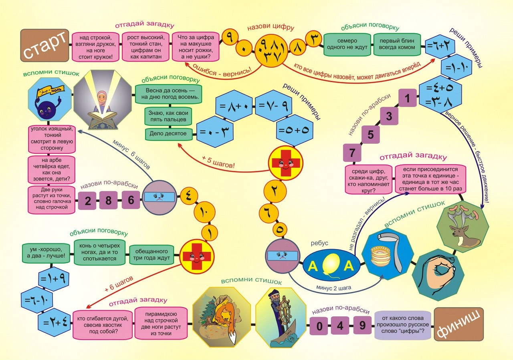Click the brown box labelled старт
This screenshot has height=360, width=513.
(x=44, y=45)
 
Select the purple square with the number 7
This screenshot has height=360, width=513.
(x=352, y=153)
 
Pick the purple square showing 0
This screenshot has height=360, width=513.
(x=319, y=326)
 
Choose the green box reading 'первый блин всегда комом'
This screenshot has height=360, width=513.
(x=397, y=44)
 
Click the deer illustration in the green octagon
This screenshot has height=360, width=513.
(x=463, y=227)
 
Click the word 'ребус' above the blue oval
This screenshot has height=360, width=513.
(x=319, y=243)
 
